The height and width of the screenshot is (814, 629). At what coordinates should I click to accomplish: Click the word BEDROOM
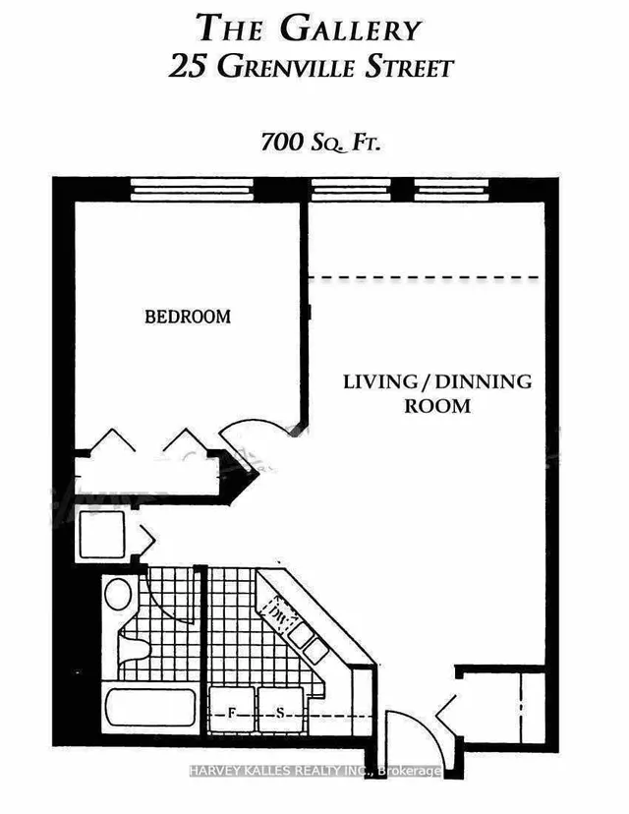188,317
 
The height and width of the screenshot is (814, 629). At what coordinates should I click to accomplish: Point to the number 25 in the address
190,68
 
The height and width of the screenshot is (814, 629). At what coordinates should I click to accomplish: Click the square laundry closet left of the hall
100,537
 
